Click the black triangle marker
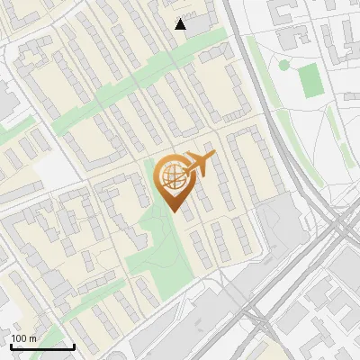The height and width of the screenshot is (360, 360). [x=181, y=24]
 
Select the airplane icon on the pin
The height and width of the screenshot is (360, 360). [x=197, y=165]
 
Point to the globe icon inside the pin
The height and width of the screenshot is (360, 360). [x=171, y=178]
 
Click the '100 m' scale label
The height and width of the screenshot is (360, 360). [x=24, y=338]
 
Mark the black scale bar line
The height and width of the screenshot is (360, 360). [x=42, y=346]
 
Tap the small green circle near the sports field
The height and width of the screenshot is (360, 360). [x=284, y=65]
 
